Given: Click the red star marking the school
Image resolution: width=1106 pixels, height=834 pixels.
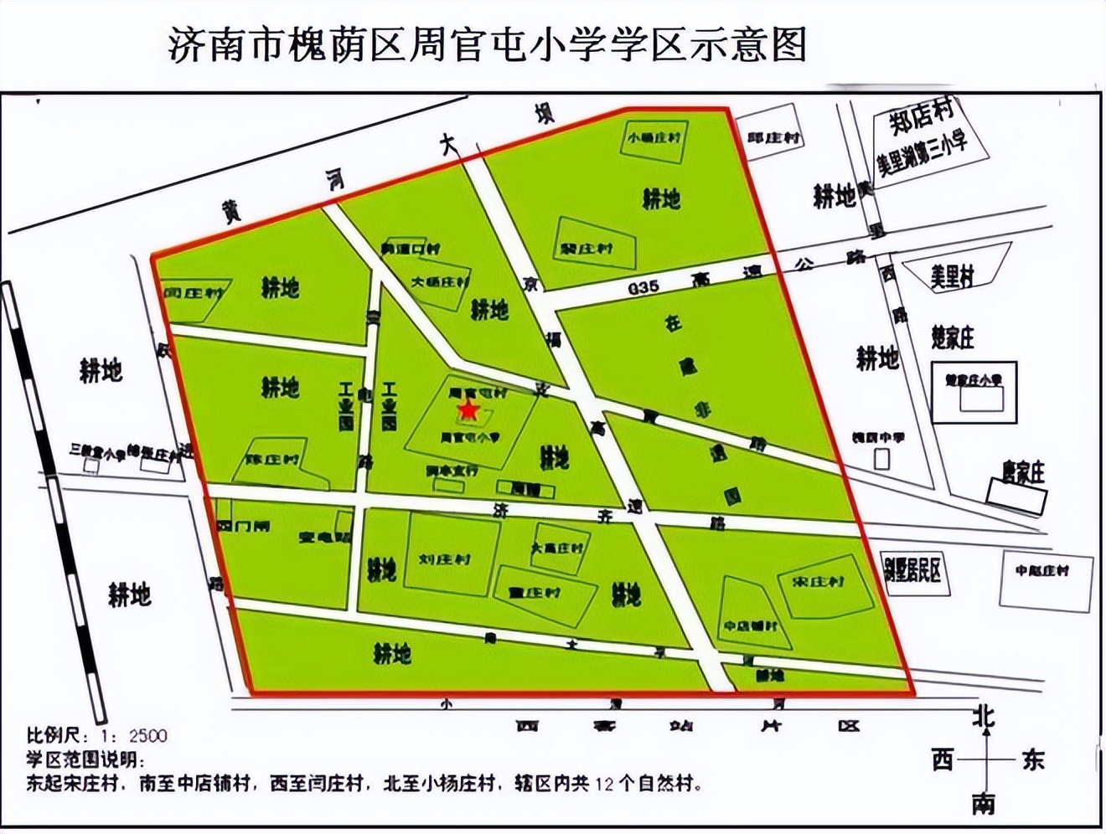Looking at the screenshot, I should point(467,410).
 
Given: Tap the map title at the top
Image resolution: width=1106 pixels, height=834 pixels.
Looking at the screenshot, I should point(487,44).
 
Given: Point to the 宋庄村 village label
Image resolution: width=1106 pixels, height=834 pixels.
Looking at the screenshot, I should point(818,581).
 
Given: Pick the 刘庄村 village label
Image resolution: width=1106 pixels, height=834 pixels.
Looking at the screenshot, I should point(445,559).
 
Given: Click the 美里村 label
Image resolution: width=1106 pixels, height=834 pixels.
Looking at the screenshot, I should point(953,276).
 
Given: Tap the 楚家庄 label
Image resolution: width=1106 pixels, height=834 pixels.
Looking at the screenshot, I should point(954,337).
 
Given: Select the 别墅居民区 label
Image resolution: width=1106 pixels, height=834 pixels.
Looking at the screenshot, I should point(912,570).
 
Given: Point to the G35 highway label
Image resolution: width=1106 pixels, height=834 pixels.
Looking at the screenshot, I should point(643,286).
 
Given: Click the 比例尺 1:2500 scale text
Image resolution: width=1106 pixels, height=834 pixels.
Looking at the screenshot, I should point(96,736).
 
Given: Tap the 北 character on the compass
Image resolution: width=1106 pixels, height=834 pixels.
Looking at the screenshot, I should point(984,717).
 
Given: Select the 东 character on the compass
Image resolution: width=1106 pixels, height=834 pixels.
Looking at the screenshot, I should point(1032,760).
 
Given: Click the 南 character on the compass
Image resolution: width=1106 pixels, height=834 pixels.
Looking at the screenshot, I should point(984,804).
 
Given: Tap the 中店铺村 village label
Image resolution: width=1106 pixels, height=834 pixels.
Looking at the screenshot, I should point(751,625).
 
